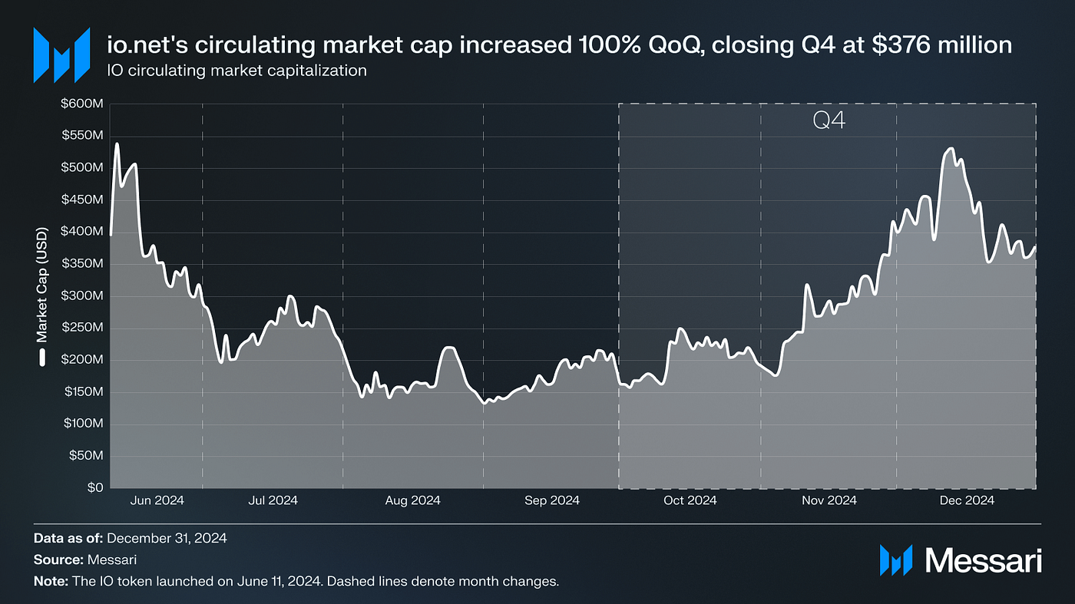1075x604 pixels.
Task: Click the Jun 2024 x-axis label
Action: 157,500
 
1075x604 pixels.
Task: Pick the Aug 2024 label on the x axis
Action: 412,500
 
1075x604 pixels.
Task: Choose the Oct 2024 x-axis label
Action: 690,500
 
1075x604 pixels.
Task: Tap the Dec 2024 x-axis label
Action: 967,500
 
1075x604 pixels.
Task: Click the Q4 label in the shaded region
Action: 829,121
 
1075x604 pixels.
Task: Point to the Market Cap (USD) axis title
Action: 42,285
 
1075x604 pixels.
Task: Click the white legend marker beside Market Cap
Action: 42,357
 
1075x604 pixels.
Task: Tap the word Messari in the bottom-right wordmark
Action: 984,559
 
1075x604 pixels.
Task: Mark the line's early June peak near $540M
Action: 117,144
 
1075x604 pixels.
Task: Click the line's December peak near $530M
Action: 951,148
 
